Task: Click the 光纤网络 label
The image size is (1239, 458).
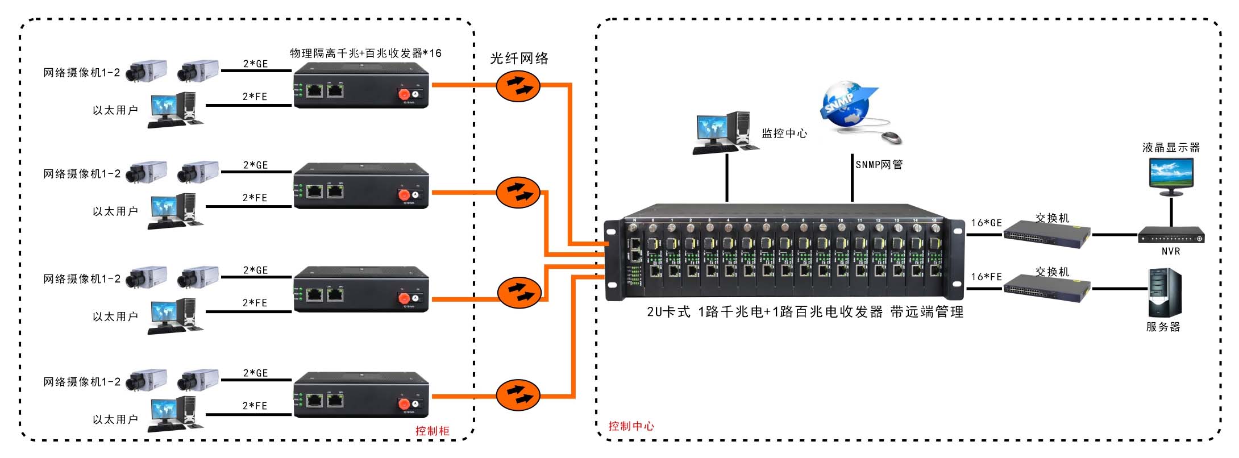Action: [519, 59]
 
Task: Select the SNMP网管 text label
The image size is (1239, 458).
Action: [879, 165]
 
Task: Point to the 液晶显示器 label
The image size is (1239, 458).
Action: [1171, 148]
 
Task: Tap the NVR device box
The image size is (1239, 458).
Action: [1171, 235]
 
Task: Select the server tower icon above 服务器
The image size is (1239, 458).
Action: [1164, 293]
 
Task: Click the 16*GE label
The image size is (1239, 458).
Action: [986, 223]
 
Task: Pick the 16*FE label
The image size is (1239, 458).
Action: [986, 277]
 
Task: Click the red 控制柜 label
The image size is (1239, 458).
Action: [432, 431]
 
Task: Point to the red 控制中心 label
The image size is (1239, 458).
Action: [631, 426]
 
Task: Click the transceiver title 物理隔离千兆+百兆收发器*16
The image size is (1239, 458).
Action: [365, 53]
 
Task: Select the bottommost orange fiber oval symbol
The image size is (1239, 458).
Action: [518, 395]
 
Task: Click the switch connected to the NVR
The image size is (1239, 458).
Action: [1047, 234]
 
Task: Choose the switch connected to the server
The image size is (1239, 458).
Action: [1047, 288]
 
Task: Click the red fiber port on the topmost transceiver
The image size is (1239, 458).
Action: [404, 94]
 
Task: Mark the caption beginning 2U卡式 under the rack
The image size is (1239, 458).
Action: [805, 312]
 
